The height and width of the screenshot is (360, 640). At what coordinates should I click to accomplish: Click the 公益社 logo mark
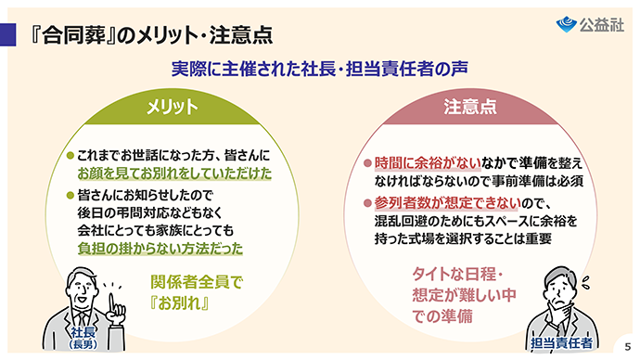point(566,24)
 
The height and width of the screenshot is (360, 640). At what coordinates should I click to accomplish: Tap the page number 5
point(627,347)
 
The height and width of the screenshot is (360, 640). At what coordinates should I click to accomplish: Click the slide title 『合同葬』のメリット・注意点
point(151,34)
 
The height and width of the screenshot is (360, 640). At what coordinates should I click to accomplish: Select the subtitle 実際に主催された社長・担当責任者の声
point(320,69)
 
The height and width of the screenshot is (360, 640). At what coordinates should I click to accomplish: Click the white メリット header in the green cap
point(173,107)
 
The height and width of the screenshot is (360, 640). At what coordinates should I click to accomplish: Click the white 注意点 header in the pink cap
point(470,107)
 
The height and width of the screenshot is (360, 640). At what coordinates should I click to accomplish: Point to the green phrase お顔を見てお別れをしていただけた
point(174,174)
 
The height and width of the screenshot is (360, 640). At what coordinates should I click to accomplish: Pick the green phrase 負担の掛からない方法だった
point(160,249)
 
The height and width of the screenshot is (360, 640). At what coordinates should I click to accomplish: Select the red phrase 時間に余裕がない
point(428,163)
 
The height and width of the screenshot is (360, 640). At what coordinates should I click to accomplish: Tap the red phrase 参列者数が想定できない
point(448,203)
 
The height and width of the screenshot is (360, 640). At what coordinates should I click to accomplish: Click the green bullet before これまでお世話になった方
point(70,156)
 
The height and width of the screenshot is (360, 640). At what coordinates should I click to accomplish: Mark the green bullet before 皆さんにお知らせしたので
point(70,195)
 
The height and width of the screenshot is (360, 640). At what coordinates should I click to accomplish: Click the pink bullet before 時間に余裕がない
point(367,163)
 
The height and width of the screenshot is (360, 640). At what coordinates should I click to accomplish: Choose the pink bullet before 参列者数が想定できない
point(367,203)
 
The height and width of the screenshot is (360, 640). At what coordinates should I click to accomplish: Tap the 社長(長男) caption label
point(83,338)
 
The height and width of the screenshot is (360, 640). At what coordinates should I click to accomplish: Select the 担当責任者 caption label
point(562,343)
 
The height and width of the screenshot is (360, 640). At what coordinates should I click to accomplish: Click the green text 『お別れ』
point(180,303)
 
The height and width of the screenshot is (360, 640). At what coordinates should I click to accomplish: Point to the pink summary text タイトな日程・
point(457,275)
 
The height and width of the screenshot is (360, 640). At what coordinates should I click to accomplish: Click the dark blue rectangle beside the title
point(7,34)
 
